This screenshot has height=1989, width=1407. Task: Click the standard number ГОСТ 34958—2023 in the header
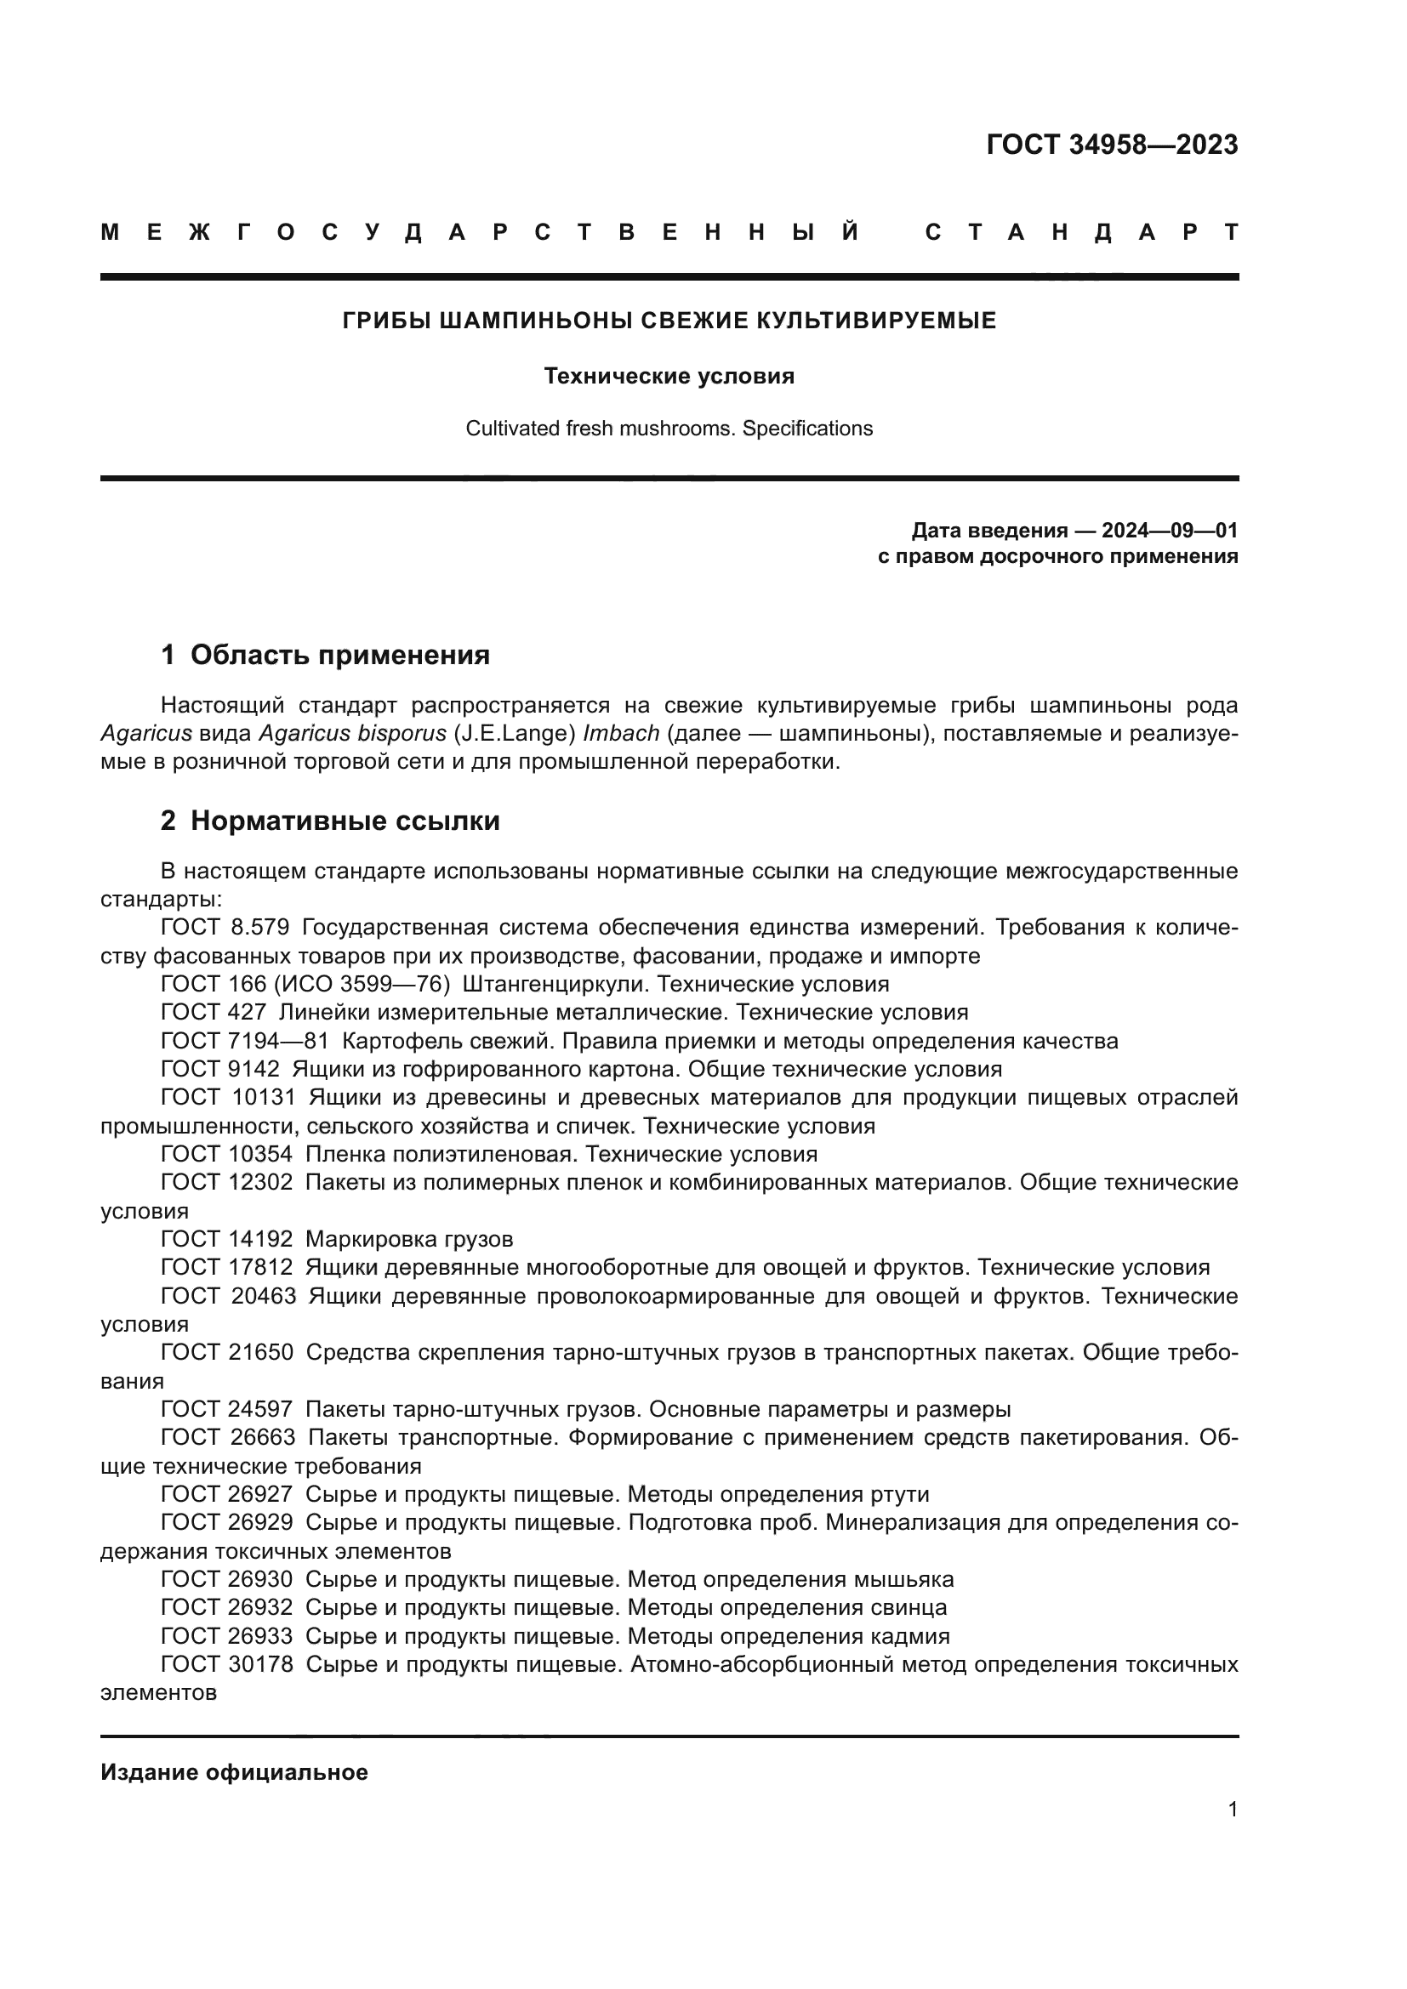point(1112,145)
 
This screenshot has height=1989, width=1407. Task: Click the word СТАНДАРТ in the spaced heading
point(1082,233)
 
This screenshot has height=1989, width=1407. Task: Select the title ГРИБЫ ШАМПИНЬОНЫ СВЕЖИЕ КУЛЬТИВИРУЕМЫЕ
point(669,321)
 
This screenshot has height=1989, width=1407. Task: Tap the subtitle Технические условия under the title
point(669,377)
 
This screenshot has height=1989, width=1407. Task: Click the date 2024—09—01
point(1170,530)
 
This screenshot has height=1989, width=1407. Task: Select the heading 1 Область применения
point(325,655)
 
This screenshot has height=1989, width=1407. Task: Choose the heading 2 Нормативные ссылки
point(330,821)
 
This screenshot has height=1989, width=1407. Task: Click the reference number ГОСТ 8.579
point(225,928)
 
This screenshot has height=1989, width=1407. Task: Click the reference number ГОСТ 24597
point(227,1409)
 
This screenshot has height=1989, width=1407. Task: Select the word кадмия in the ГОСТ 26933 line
point(909,1636)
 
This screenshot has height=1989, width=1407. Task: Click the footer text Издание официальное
point(234,1772)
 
